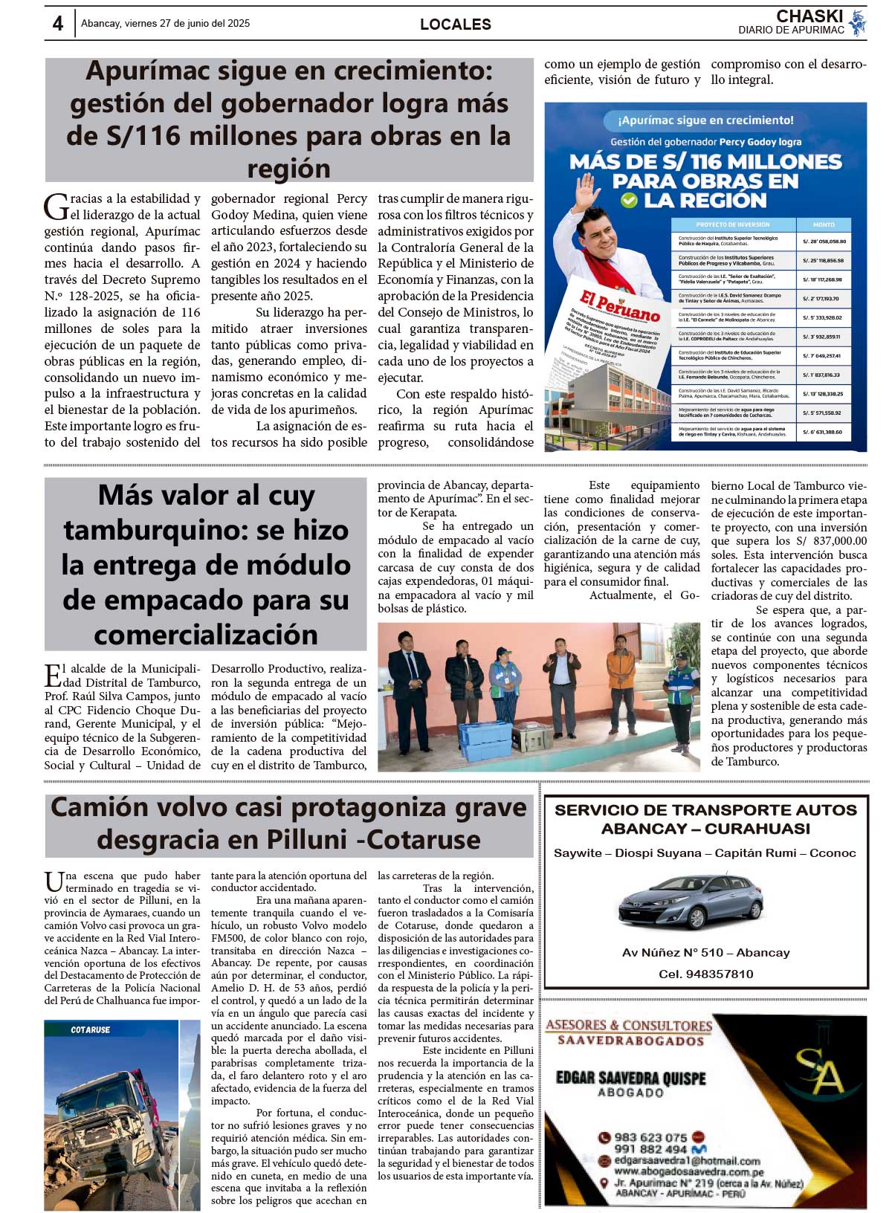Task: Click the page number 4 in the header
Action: [58, 24]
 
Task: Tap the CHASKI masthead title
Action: [809, 16]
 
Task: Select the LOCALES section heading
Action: [455, 25]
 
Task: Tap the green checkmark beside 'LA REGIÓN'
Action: [629, 200]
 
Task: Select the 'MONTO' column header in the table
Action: [824, 224]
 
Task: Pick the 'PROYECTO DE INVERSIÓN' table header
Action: [732, 224]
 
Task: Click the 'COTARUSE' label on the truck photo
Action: [90, 1030]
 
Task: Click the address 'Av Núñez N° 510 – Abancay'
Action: [705, 953]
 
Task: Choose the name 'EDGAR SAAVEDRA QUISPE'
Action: [630, 1078]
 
